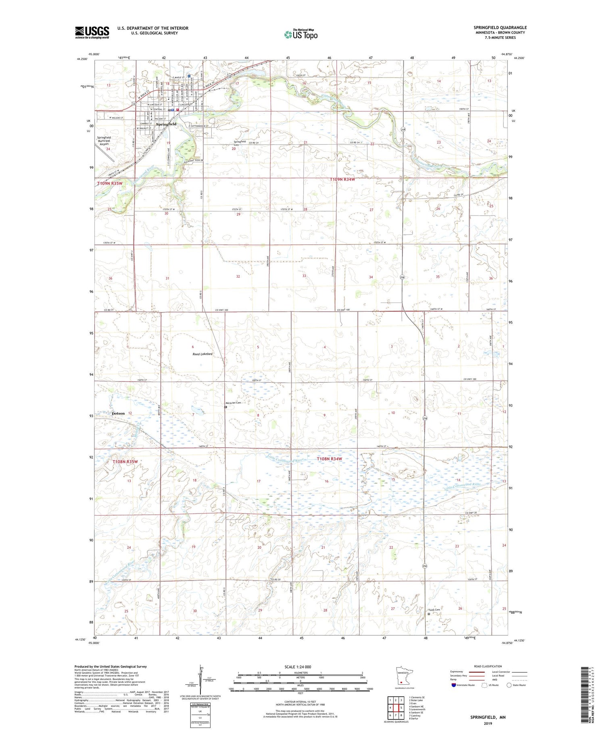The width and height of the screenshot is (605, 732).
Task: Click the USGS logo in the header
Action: tap(92, 32)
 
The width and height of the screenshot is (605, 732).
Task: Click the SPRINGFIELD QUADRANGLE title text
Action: tap(500, 27)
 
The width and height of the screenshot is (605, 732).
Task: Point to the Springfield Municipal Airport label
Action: tap(104, 141)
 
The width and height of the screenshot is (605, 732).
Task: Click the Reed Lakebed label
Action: tap(202, 354)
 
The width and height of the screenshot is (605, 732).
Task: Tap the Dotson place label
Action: tap(118, 413)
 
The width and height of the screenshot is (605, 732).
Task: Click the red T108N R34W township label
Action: tap(329, 459)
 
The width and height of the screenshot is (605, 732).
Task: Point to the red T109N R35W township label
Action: tap(110, 183)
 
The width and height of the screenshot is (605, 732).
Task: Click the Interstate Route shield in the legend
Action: tap(454, 685)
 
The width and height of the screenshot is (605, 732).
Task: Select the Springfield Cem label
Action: tap(240, 143)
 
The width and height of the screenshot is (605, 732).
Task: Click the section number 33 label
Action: tap(304, 276)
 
